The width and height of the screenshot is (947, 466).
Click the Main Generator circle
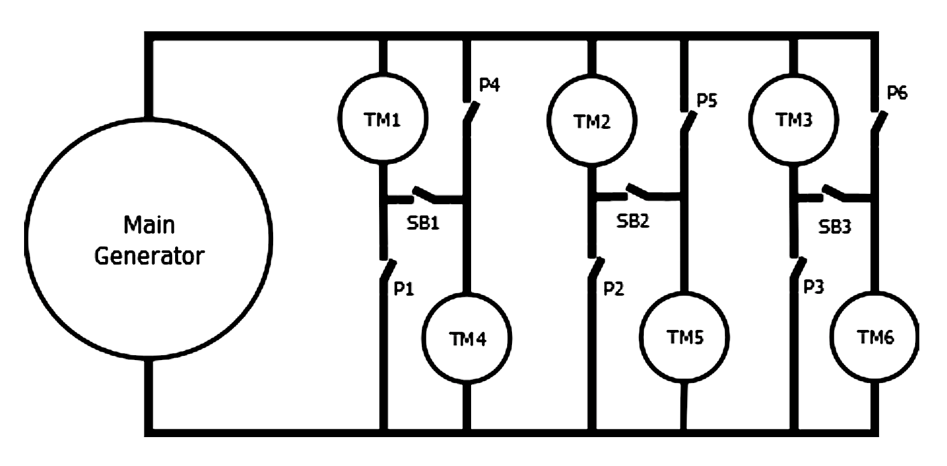click(149, 239)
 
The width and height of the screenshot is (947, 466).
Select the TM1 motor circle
click(383, 120)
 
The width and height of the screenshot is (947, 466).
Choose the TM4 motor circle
click(467, 338)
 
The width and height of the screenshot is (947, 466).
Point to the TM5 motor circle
click(685, 337)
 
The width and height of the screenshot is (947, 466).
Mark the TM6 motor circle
click(875, 337)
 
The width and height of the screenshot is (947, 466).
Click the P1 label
click(404, 290)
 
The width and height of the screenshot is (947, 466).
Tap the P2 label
click(614, 290)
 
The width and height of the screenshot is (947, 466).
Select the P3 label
click(813, 287)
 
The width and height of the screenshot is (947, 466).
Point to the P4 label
click(489, 85)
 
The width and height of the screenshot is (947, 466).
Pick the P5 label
click(707, 100)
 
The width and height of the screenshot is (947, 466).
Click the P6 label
click(897, 93)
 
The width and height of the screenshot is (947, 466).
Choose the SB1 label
click(423, 223)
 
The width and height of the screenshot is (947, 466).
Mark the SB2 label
click(633, 222)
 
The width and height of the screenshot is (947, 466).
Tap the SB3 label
click(835, 227)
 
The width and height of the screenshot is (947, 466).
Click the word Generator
click(149, 256)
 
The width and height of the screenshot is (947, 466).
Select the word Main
click(149, 225)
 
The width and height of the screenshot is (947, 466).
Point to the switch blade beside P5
click(688, 122)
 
